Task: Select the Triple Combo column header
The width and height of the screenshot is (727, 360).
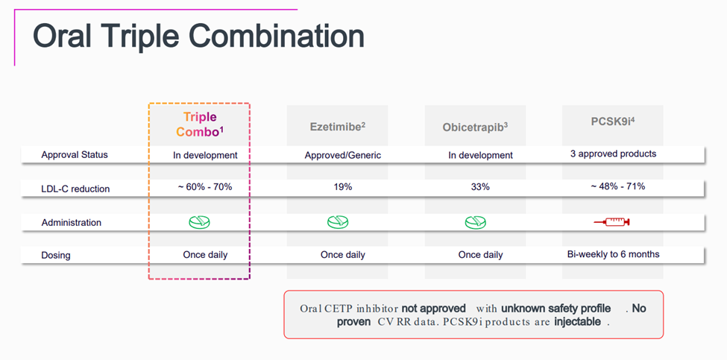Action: [x=200, y=124]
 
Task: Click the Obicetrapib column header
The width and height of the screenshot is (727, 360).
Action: [x=475, y=127]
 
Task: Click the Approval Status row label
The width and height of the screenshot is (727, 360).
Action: [x=75, y=155]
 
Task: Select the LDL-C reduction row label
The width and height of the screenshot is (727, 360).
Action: [x=75, y=189]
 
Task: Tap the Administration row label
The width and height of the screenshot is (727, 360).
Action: [x=72, y=222]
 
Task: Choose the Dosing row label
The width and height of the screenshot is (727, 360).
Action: [x=55, y=255]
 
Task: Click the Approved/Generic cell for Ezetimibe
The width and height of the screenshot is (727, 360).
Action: [x=343, y=155]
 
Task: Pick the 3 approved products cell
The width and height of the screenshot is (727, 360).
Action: [x=614, y=154]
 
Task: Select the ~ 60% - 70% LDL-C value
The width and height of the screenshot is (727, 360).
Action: [x=205, y=187]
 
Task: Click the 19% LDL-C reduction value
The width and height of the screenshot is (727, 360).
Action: [x=343, y=187]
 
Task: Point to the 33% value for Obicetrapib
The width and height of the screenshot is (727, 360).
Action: [x=480, y=187]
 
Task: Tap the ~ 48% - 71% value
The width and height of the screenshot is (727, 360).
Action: [x=614, y=186]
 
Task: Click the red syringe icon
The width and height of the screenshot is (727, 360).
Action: [x=612, y=222]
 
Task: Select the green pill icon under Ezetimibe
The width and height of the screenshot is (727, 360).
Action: [x=338, y=222]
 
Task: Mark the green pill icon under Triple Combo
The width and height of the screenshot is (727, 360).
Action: [x=199, y=222]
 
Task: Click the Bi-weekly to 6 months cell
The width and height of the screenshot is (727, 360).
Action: [x=614, y=254]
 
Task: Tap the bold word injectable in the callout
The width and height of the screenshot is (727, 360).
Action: [x=578, y=321]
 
